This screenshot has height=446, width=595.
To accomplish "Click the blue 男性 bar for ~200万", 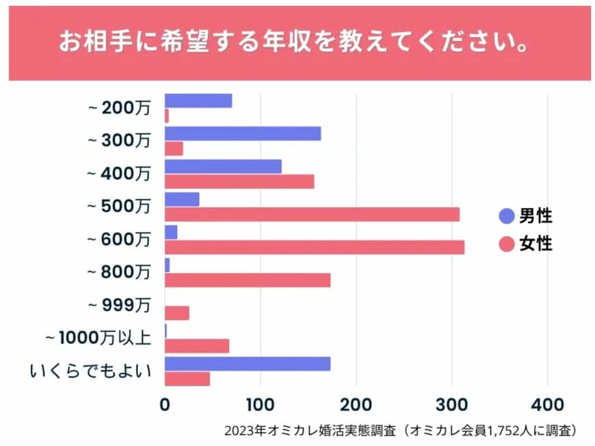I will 198,101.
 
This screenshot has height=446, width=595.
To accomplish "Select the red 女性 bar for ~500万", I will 312,214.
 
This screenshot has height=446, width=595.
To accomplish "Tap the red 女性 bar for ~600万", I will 315,247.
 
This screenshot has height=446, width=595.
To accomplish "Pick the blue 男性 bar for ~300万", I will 243,133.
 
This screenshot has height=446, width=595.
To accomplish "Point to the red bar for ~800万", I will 248,280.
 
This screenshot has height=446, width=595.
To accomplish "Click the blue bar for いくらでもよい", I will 248,364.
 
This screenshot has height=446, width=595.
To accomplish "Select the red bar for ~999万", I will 177,313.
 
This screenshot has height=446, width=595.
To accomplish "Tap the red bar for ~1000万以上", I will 197,346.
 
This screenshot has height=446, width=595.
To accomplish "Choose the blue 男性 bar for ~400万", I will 223,166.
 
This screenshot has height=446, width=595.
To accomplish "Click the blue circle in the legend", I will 507,216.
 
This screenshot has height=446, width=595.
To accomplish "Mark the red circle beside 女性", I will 507,244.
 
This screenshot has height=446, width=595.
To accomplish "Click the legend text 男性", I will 535,216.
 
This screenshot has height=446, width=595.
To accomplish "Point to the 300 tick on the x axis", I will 451,404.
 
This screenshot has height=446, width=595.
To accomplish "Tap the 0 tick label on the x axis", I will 165,404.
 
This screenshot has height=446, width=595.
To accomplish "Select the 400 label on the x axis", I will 547,404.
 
